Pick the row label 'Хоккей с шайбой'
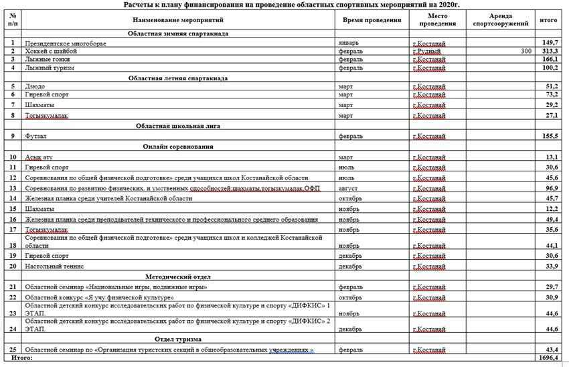[x=50, y=51]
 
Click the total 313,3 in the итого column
[x=550, y=51]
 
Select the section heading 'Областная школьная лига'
[x=178, y=125]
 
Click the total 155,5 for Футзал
[x=550, y=136]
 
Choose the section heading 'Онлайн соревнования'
[x=178, y=147]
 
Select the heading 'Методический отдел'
[x=178, y=276]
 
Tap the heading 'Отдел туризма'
[x=178, y=339]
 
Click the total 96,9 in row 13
[x=551, y=188]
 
